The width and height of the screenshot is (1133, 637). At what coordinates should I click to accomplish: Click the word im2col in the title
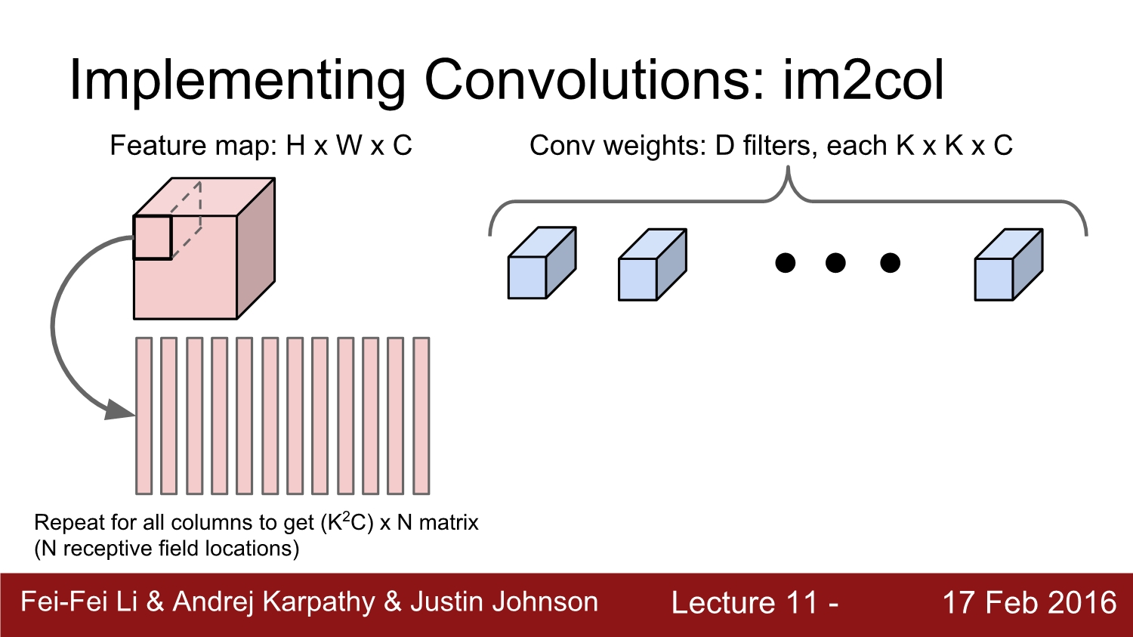coord(863,81)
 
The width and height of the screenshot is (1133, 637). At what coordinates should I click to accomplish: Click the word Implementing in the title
coord(236,82)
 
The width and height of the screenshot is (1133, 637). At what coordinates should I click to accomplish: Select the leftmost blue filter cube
coord(542,263)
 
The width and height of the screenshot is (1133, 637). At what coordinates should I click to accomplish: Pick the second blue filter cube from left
coord(653,264)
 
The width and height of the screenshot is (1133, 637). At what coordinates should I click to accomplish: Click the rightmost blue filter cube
coord(1009,264)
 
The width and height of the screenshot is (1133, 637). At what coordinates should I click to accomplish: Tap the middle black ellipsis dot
coord(835,263)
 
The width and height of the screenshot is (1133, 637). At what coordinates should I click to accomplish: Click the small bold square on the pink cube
coord(153,237)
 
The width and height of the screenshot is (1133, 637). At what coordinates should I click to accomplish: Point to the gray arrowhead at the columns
coord(120,410)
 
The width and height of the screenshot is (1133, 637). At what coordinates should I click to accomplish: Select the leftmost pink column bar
coord(144,416)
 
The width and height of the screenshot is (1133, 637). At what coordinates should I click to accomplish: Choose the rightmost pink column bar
coord(421,416)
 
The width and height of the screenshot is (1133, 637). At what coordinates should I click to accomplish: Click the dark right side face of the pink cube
coord(256,248)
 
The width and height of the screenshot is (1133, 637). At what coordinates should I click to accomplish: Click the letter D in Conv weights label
coord(724,146)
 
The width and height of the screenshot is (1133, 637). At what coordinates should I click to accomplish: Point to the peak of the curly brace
coord(788,168)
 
